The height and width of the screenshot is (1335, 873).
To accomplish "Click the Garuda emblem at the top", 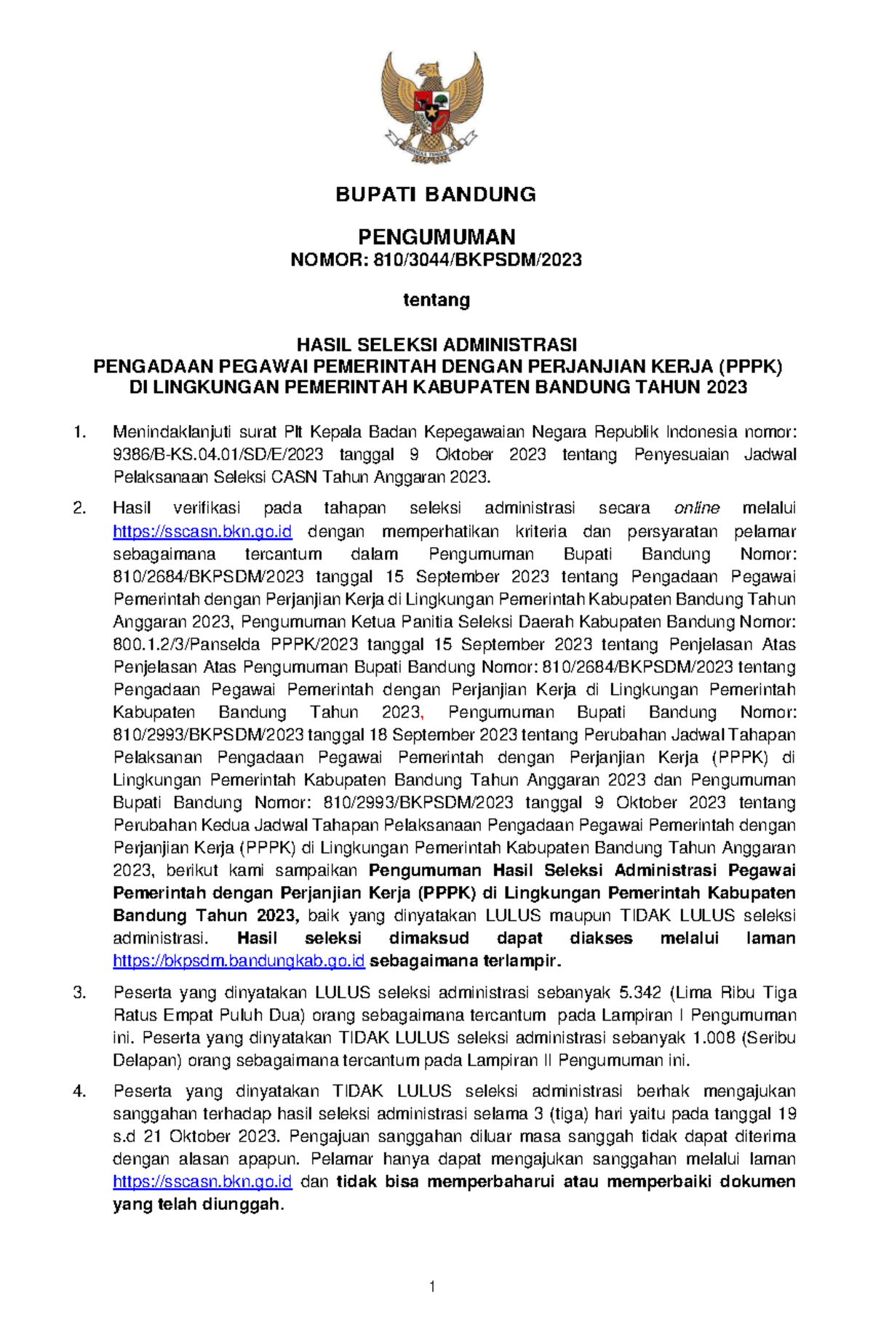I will tap(432, 102).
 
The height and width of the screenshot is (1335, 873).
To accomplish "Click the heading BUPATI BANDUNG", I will tap(436, 194).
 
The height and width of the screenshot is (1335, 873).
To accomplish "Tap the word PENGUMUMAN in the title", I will tap(436, 236).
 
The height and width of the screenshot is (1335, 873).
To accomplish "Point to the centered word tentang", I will tap(436, 300).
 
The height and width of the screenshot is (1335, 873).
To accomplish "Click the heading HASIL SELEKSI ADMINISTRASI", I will tap(436, 344).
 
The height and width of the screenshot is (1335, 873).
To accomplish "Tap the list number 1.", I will tap(80, 432).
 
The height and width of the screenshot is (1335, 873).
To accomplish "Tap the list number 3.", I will tap(80, 993).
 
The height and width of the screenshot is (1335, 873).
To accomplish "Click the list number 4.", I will tap(80, 1091).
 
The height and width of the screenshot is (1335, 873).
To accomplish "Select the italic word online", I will tap(697, 508).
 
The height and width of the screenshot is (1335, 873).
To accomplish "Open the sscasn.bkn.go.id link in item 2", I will tap(202, 531).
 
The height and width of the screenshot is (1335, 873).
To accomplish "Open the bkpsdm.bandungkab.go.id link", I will tap(239, 961).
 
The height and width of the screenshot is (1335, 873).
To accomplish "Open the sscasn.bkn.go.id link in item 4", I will tap(202, 1181).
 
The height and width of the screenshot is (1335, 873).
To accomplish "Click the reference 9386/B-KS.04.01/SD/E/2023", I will tap(218, 455).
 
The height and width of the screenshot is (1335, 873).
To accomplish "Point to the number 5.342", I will tap(640, 993).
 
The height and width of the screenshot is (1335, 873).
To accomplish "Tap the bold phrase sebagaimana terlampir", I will tap(466, 961).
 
